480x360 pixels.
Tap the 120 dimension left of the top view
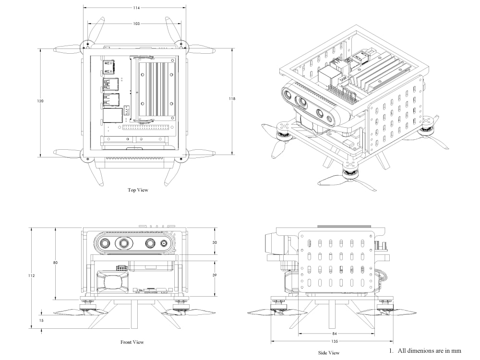[40, 101]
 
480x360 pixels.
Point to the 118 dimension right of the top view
[232, 98]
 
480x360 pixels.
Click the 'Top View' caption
[138, 190]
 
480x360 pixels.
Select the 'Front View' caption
[132, 342]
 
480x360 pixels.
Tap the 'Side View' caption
[329, 353]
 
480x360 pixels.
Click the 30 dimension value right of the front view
[214, 242]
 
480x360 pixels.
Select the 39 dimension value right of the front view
[214, 276]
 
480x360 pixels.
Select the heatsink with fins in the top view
[156, 89]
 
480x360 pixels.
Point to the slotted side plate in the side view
[336, 262]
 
